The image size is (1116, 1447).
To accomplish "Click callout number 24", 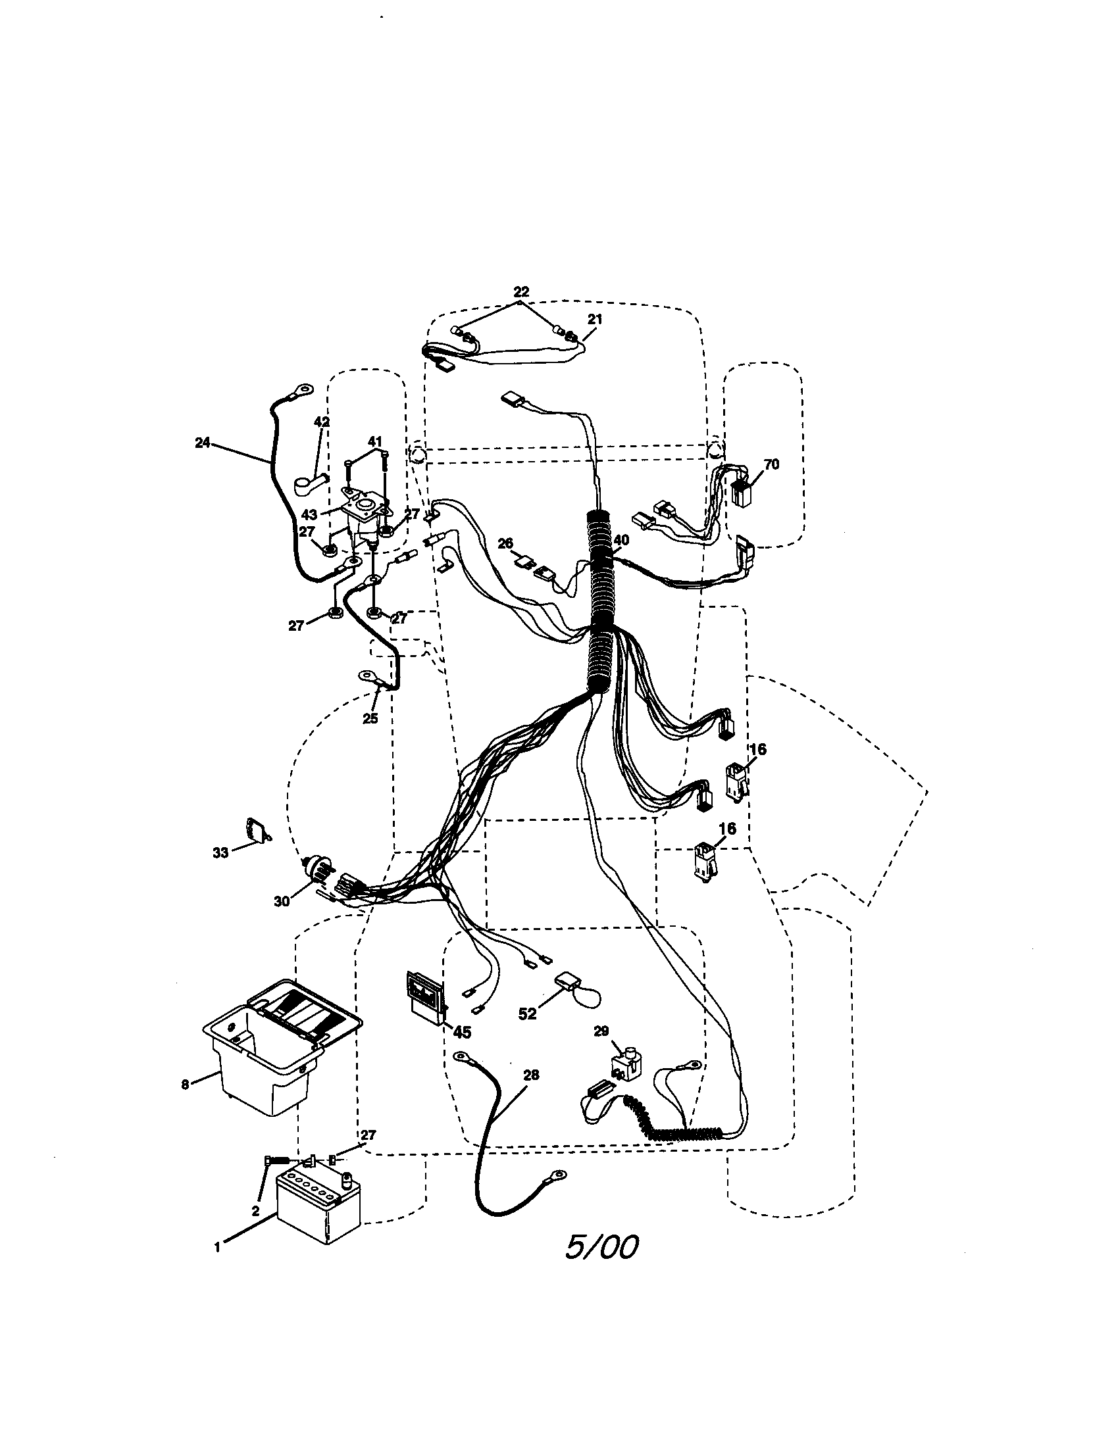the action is (x=203, y=443).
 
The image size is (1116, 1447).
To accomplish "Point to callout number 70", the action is (x=771, y=464).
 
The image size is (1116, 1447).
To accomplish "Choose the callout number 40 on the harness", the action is (x=621, y=540).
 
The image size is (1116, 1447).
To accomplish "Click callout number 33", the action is (x=220, y=852).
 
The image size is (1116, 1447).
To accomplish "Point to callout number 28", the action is (x=531, y=1075).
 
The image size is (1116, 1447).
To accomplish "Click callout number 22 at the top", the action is (x=522, y=291).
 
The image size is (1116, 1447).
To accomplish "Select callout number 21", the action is (x=595, y=320).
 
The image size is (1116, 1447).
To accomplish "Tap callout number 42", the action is (x=321, y=422).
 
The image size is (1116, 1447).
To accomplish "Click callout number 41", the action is (x=375, y=441).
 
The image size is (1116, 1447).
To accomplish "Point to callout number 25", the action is (x=370, y=718).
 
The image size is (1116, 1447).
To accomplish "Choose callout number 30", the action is (x=282, y=901).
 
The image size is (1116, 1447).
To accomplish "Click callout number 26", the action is (x=505, y=543).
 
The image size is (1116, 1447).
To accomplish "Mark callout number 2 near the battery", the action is (x=255, y=1211).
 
